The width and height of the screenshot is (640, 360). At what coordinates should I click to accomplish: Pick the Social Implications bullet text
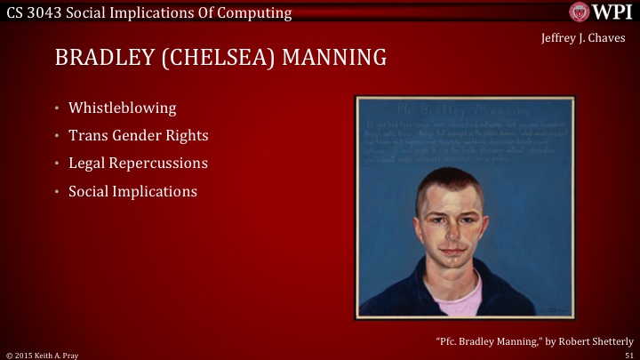(x=132, y=191)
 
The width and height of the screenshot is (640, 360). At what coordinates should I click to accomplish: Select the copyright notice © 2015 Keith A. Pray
(x=42, y=354)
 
